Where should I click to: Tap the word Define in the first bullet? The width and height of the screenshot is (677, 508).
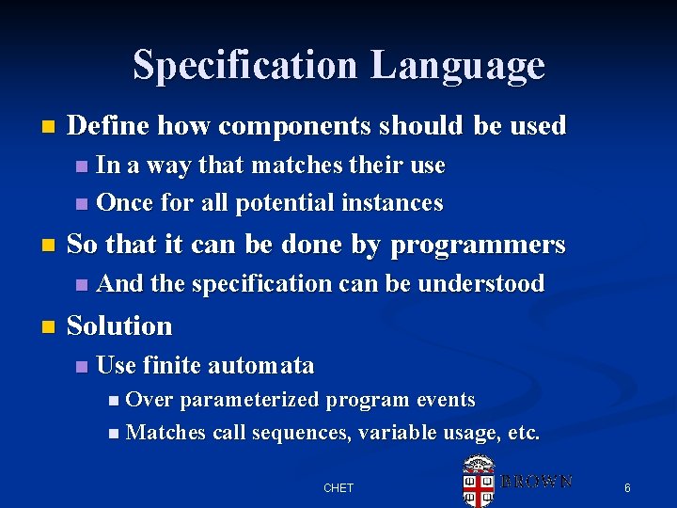tap(109, 125)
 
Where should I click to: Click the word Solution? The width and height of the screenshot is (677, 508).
tap(120, 326)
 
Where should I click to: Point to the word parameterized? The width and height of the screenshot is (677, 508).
tap(248, 400)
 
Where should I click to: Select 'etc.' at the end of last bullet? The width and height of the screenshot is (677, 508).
tap(523, 433)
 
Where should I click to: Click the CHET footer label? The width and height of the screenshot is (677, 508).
tap(338, 487)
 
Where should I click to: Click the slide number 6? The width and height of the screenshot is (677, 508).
tap(627, 487)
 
